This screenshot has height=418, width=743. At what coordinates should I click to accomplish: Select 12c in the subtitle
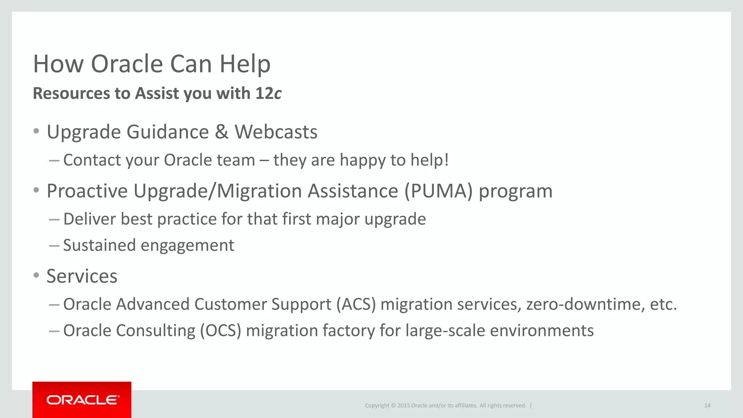pyautogui.click(x=268, y=94)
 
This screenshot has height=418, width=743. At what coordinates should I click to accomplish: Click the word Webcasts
pyautogui.click(x=276, y=132)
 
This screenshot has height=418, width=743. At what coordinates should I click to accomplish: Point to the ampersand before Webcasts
pyautogui.click(x=221, y=132)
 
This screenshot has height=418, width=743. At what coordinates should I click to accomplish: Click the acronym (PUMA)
pyautogui.click(x=439, y=191)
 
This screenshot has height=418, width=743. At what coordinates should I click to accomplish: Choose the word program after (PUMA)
pyautogui.click(x=516, y=192)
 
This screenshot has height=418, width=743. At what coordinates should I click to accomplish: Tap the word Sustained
pyautogui.click(x=99, y=245)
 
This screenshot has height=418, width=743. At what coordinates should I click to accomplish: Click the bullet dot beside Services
pyautogui.click(x=36, y=275)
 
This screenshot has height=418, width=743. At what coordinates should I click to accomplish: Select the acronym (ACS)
pyautogui.click(x=356, y=304)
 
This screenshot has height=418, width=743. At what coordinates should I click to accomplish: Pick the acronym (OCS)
pyautogui.click(x=221, y=331)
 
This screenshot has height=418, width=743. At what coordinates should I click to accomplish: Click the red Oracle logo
pyautogui.click(x=82, y=400)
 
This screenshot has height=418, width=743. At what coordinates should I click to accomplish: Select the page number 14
pyautogui.click(x=707, y=406)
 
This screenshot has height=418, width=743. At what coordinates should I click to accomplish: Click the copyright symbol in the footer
pyautogui.click(x=393, y=406)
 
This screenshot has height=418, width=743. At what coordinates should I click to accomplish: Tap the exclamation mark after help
pyautogui.click(x=446, y=160)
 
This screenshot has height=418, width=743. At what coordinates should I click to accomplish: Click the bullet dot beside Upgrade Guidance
pyautogui.click(x=36, y=131)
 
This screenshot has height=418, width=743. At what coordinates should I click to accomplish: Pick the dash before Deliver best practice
pyautogui.click(x=54, y=219)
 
